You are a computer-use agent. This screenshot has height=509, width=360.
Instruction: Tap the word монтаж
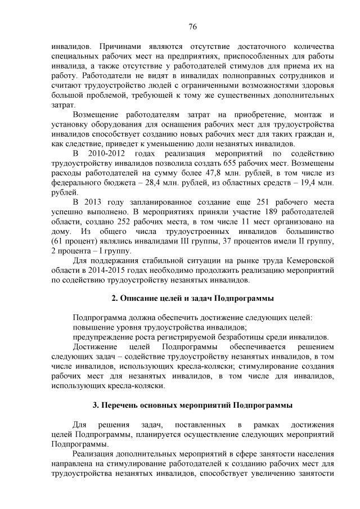(303, 115)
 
